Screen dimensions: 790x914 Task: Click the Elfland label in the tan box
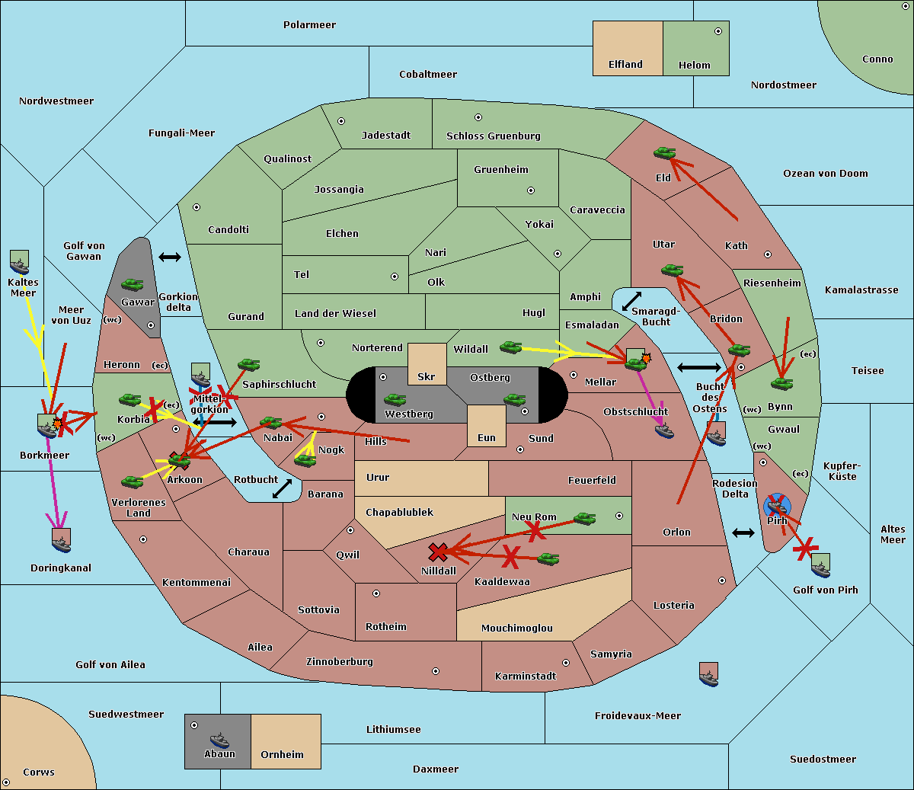pos(625,65)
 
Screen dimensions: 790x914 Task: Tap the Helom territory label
pos(694,66)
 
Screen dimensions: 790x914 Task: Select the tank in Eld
pos(664,153)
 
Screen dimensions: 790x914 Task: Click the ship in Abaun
pos(219,740)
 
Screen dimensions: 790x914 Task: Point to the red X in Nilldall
pos(438,552)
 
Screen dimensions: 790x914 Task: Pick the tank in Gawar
pos(133,285)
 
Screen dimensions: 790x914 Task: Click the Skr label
pos(426,376)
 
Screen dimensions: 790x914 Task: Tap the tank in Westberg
pos(395,400)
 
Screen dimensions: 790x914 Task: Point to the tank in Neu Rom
pos(584,519)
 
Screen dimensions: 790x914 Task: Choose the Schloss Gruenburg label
pos(493,136)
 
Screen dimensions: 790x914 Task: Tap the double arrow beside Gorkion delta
pos(169,257)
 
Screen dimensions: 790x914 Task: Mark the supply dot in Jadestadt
pos(341,121)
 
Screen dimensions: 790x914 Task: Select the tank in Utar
pos(672,270)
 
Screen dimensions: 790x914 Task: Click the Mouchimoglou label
pos(516,628)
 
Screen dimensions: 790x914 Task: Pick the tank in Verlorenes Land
pos(132,481)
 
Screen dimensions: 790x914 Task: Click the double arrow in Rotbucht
pos(282,489)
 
